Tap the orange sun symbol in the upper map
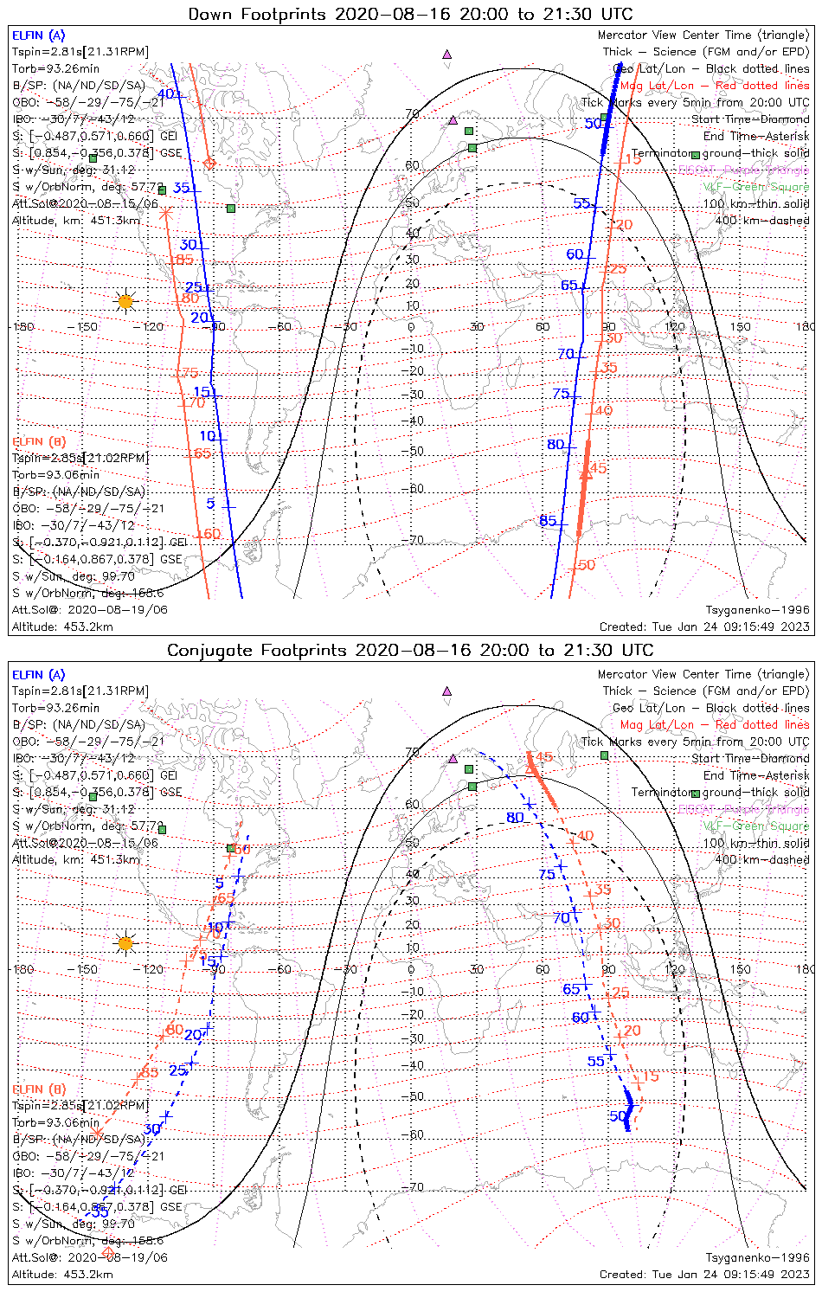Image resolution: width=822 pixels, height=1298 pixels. pos(126,301)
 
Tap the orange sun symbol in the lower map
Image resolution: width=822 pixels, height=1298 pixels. pos(126,942)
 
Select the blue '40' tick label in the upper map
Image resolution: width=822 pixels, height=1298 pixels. pos(165,94)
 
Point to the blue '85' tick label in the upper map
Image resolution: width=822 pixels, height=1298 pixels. pos(548,521)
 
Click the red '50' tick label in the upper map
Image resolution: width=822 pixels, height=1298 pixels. pos(587,565)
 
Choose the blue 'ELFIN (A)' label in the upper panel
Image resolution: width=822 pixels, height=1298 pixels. pos(38,35)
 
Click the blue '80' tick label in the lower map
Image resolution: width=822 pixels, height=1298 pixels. pos(515,818)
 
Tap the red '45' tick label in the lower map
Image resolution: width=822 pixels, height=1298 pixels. pos(543,757)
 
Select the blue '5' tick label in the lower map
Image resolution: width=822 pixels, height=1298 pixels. pos(220,884)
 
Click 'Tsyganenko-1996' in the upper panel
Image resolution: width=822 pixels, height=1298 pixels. pos(757,610)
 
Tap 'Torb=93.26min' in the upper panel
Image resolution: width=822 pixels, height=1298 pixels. pos(55,69)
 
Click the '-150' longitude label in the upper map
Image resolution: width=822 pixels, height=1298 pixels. pos(87,327)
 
